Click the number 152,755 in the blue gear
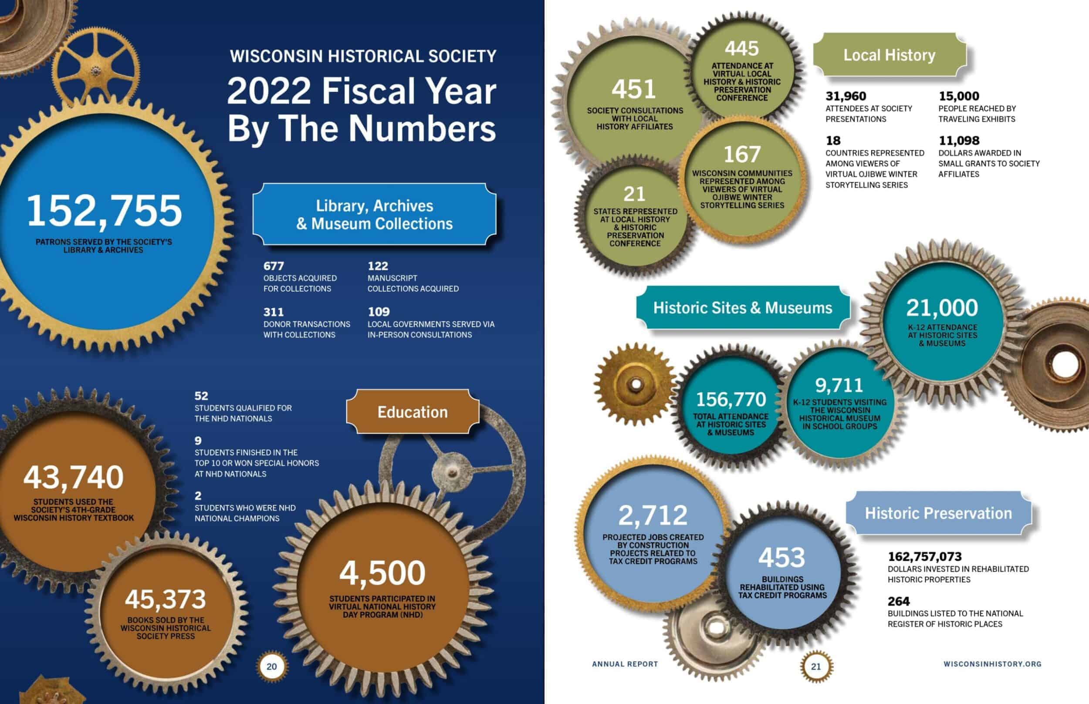[104, 211]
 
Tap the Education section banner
[413, 412]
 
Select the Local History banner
[889, 55]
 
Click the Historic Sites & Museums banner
[743, 308]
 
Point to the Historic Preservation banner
[938, 513]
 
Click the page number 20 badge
[272, 667]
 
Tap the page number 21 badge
[816, 667]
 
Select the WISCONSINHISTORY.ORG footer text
[992, 664]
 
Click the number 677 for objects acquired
[274, 266]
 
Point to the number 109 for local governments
[379, 312]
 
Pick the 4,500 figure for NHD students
[382, 573]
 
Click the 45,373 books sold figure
[166, 600]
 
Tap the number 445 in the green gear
[741, 48]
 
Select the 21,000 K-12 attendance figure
[942, 308]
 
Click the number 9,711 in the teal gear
[839, 385]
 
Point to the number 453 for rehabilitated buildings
[781, 557]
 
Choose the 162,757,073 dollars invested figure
[925, 556]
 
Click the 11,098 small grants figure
[959, 140]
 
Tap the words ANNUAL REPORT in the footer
[625, 664]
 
